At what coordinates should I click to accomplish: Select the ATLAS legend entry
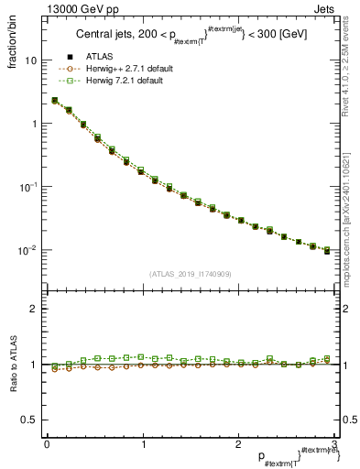pos(104,58)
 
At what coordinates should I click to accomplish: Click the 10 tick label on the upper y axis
pos(31,60)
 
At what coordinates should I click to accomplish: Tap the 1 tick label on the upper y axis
pos(34,124)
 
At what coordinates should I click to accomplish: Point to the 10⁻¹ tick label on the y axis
pos(28,186)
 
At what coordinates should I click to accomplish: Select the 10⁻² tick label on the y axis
pos(28,249)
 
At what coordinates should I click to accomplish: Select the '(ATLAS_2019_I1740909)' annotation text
pos(190,274)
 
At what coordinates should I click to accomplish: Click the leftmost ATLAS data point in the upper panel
pos(55,101)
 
